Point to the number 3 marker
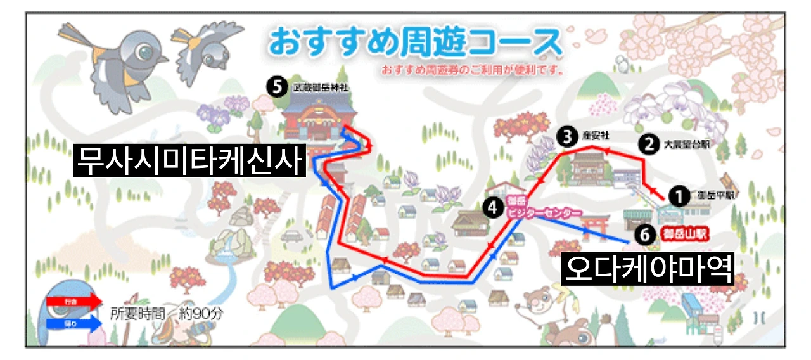click(x=567, y=135)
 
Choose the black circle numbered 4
click(x=492, y=206)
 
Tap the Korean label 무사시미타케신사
click(x=189, y=160)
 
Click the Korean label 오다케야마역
click(x=648, y=269)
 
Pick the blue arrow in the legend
click(x=73, y=323)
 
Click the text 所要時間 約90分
click(x=167, y=312)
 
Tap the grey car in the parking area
click(x=292, y=236)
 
